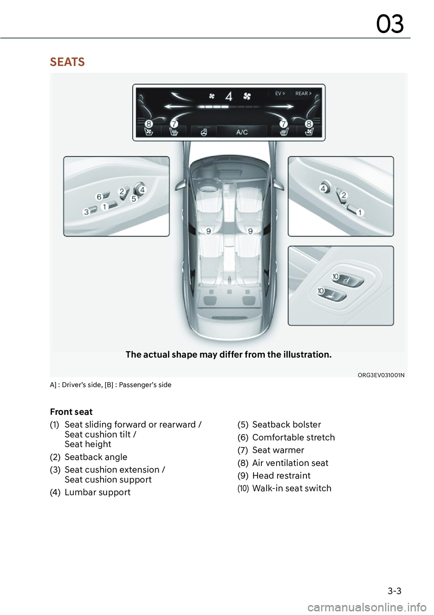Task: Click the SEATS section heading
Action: click(x=67, y=62)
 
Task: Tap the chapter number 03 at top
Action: click(x=390, y=24)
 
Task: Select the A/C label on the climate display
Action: click(x=242, y=132)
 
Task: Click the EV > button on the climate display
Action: click(x=280, y=93)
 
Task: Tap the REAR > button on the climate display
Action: click(x=303, y=93)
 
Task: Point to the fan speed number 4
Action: click(x=229, y=96)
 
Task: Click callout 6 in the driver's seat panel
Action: click(x=99, y=197)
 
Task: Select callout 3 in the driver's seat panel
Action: click(x=86, y=212)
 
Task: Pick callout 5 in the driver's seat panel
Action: click(x=134, y=199)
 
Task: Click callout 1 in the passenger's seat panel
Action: click(x=360, y=212)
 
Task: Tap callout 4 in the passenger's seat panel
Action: click(x=323, y=188)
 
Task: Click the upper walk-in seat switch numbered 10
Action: click(x=335, y=276)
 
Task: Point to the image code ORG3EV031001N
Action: click(x=381, y=375)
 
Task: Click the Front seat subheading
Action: click(x=71, y=412)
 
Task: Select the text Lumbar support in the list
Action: click(x=97, y=492)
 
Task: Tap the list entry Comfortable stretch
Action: click(x=293, y=438)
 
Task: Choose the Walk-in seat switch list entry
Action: click(x=292, y=488)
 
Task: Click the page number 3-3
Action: click(x=394, y=591)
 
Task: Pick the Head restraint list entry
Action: click(x=281, y=475)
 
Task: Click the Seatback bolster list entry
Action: click(x=287, y=424)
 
